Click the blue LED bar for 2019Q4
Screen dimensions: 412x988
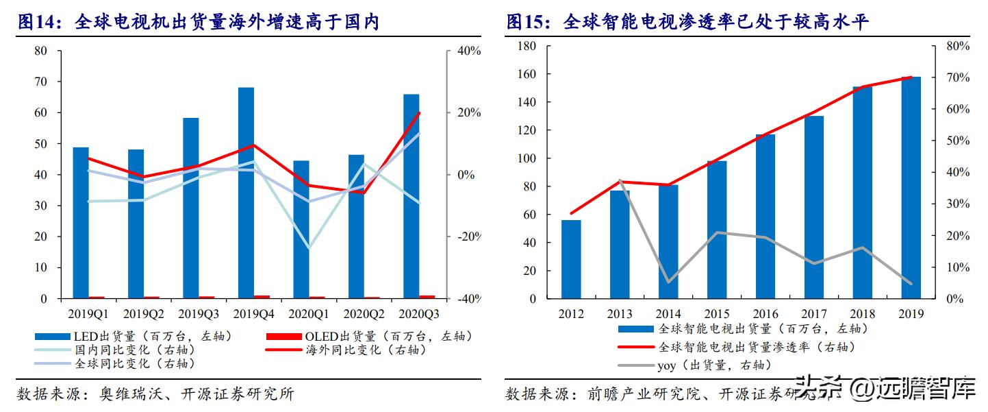pyautogui.click(x=246, y=193)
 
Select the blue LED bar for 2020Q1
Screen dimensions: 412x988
pyautogui.click(x=301, y=230)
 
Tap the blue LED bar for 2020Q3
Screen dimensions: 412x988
pyautogui.click(x=411, y=196)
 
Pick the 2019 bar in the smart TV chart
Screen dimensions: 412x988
pyautogui.click(x=911, y=188)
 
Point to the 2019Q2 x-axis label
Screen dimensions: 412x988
pyautogui.click(x=144, y=314)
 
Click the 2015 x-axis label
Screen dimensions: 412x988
pyautogui.click(x=717, y=314)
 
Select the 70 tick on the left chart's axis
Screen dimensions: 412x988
pyautogui.click(x=40, y=82)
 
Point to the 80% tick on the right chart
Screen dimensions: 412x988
pyautogui.click(x=957, y=46)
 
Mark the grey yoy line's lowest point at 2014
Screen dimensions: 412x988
pyautogui.click(x=668, y=282)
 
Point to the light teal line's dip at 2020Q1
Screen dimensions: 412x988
pyautogui.click(x=308, y=247)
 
